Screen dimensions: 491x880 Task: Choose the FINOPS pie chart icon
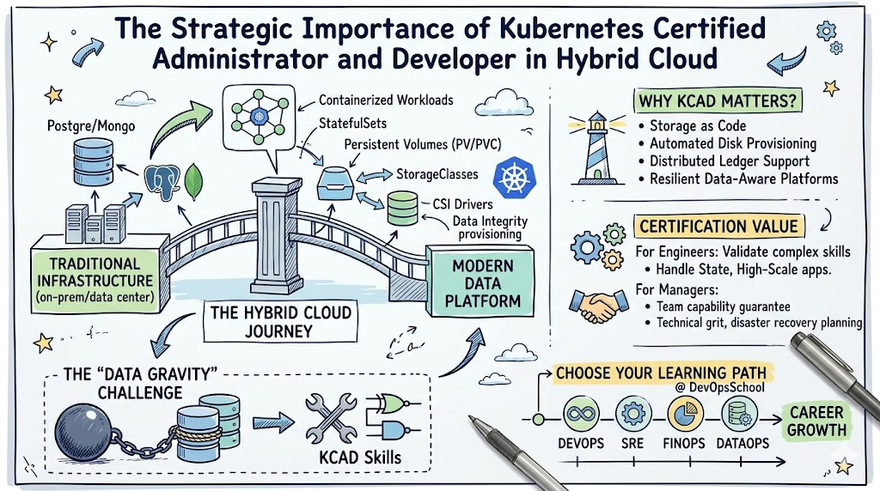(x=685, y=415)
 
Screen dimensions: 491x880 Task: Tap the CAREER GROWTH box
(x=817, y=421)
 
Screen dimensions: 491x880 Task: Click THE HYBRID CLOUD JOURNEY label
(x=281, y=321)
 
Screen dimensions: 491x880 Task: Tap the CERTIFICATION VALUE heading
(x=718, y=227)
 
